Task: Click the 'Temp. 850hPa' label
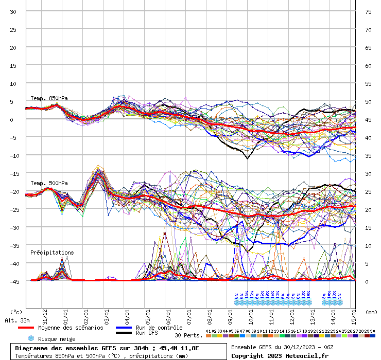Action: (x=49, y=98)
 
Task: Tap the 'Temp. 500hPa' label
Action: (x=49, y=183)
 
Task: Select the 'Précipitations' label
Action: (x=52, y=253)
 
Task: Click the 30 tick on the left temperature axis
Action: (x=13, y=11)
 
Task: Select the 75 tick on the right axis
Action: (x=368, y=11)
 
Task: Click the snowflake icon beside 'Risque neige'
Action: (x=31, y=339)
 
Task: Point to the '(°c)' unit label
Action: (x=16, y=312)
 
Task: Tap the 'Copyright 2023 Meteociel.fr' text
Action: (x=280, y=355)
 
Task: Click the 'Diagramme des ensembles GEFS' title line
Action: (x=107, y=348)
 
